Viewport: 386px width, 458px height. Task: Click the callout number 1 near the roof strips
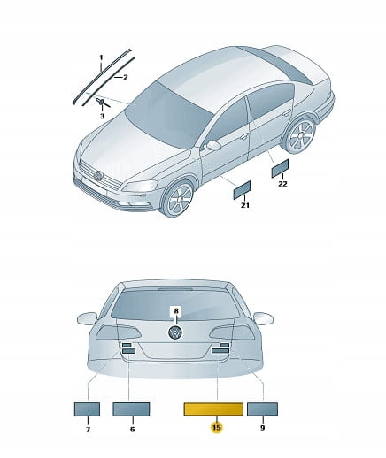pyautogui.click(x=101, y=57)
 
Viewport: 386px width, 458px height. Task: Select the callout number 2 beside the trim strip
pyautogui.click(x=126, y=78)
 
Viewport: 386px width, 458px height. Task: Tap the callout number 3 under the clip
pyautogui.click(x=102, y=116)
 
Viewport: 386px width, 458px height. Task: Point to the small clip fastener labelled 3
pyautogui.click(x=101, y=103)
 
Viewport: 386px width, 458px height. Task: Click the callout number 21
pyautogui.click(x=244, y=205)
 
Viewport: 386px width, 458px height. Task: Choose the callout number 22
pyautogui.click(x=282, y=184)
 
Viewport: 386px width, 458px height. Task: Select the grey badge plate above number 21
pyautogui.click(x=242, y=190)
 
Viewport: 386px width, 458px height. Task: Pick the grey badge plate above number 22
pyautogui.click(x=280, y=168)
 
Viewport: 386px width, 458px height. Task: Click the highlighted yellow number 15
pyautogui.click(x=216, y=427)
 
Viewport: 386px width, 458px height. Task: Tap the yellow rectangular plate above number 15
pyautogui.click(x=213, y=409)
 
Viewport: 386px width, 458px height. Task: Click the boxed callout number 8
pyautogui.click(x=176, y=311)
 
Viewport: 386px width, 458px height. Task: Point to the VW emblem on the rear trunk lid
pyautogui.click(x=175, y=332)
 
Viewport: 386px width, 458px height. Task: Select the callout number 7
pyautogui.click(x=88, y=430)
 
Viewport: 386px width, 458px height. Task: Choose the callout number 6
pyautogui.click(x=132, y=430)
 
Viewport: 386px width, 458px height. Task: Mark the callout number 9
pyautogui.click(x=263, y=428)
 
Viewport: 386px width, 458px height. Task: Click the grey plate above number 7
pyautogui.click(x=87, y=409)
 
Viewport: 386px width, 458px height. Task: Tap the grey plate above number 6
pyautogui.click(x=131, y=409)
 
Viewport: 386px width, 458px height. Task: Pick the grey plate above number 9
pyautogui.click(x=262, y=409)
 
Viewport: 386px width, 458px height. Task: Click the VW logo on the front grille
pyautogui.click(x=97, y=176)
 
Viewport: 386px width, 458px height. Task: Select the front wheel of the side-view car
pyautogui.click(x=178, y=199)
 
